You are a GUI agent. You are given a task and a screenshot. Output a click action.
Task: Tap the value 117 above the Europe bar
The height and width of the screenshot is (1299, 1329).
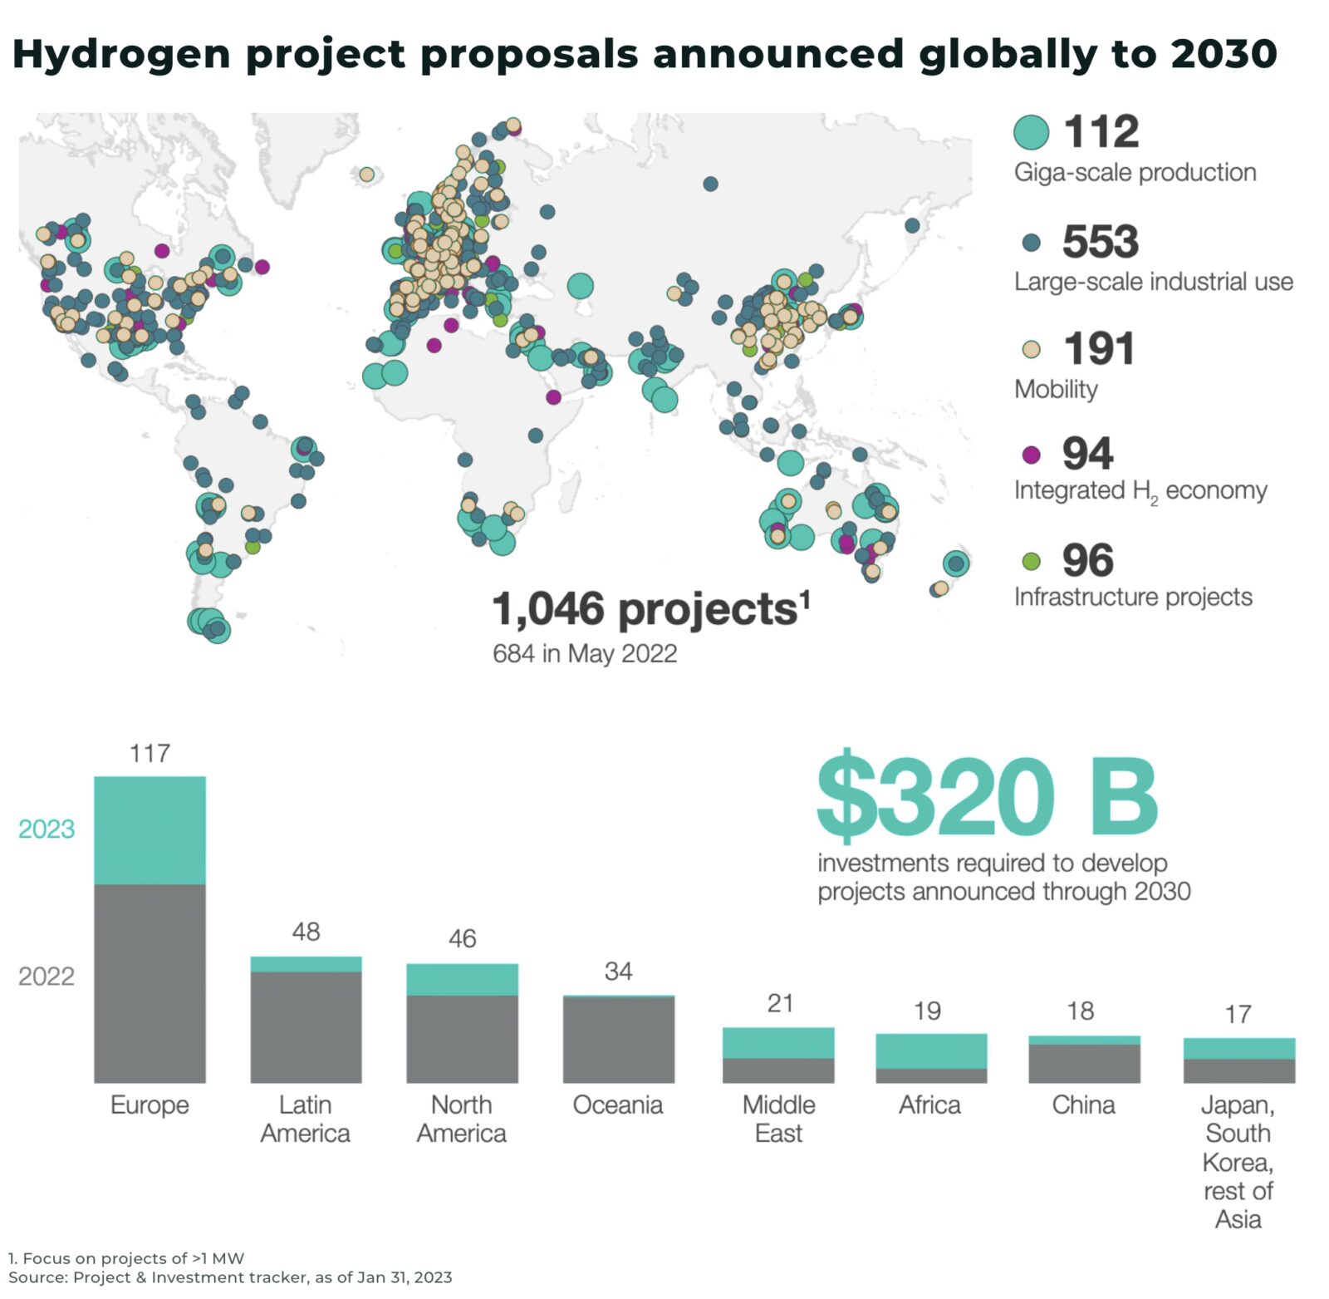[x=150, y=753]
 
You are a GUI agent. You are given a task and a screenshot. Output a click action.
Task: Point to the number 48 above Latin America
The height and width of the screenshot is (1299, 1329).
[x=306, y=932]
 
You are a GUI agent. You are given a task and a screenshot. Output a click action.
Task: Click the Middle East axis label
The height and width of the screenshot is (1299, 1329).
[x=778, y=1119]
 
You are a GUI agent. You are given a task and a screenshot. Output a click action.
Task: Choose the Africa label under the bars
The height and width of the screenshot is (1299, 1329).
[x=929, y=1105]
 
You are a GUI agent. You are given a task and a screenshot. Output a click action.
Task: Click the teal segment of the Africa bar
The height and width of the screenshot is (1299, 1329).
[x=931, y=1051]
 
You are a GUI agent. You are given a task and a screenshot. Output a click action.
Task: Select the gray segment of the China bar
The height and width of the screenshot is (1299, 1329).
[x=1084, y=1064]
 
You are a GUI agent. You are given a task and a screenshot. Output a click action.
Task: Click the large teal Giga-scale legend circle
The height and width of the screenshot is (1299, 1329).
[x=1031, y=132]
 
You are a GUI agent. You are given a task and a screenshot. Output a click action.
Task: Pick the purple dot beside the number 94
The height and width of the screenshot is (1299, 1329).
[x=1031, y=455]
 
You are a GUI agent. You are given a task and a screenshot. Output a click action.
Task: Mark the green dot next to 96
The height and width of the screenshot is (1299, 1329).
[x=1031, y=562]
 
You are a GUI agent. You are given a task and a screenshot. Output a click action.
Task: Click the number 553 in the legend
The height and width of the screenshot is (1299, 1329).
[x=1100, y=242]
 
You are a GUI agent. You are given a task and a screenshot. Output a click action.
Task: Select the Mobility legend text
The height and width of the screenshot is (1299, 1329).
[x=1056, y=389]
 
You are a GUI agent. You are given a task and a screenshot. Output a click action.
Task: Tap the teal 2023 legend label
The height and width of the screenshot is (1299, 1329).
[x=47, y=829]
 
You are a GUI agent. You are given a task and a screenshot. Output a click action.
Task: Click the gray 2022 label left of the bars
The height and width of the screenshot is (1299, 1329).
[x=47, y=976]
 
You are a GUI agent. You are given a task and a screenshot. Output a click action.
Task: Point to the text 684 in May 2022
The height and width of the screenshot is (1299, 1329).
[x=584, y=653]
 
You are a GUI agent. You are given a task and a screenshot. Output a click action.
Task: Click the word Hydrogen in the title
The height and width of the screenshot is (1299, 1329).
[x=121, y=54]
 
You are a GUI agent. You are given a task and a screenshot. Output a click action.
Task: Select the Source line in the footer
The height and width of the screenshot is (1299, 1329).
[x=230, y=1277]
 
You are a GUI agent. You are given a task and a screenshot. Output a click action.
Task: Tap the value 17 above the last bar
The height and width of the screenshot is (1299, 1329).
[x=1238, y=1014]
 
